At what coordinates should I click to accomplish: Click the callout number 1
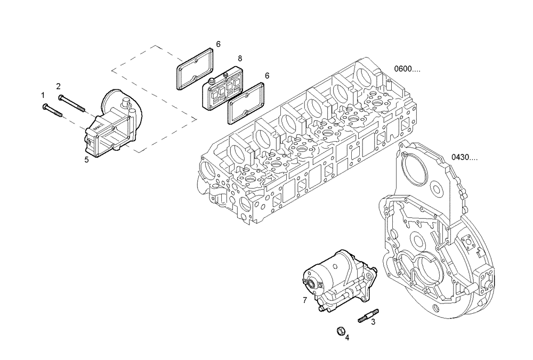43,95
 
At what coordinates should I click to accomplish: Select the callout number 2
59,86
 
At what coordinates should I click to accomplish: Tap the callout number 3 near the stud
373,322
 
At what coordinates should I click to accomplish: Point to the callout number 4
348,337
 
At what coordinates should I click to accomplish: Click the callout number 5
86,159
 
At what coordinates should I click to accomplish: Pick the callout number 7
304,300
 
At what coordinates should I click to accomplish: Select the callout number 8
240,58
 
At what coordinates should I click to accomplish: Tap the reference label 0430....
465,157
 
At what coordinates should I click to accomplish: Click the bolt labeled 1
52,110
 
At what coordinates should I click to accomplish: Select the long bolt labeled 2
72,103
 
